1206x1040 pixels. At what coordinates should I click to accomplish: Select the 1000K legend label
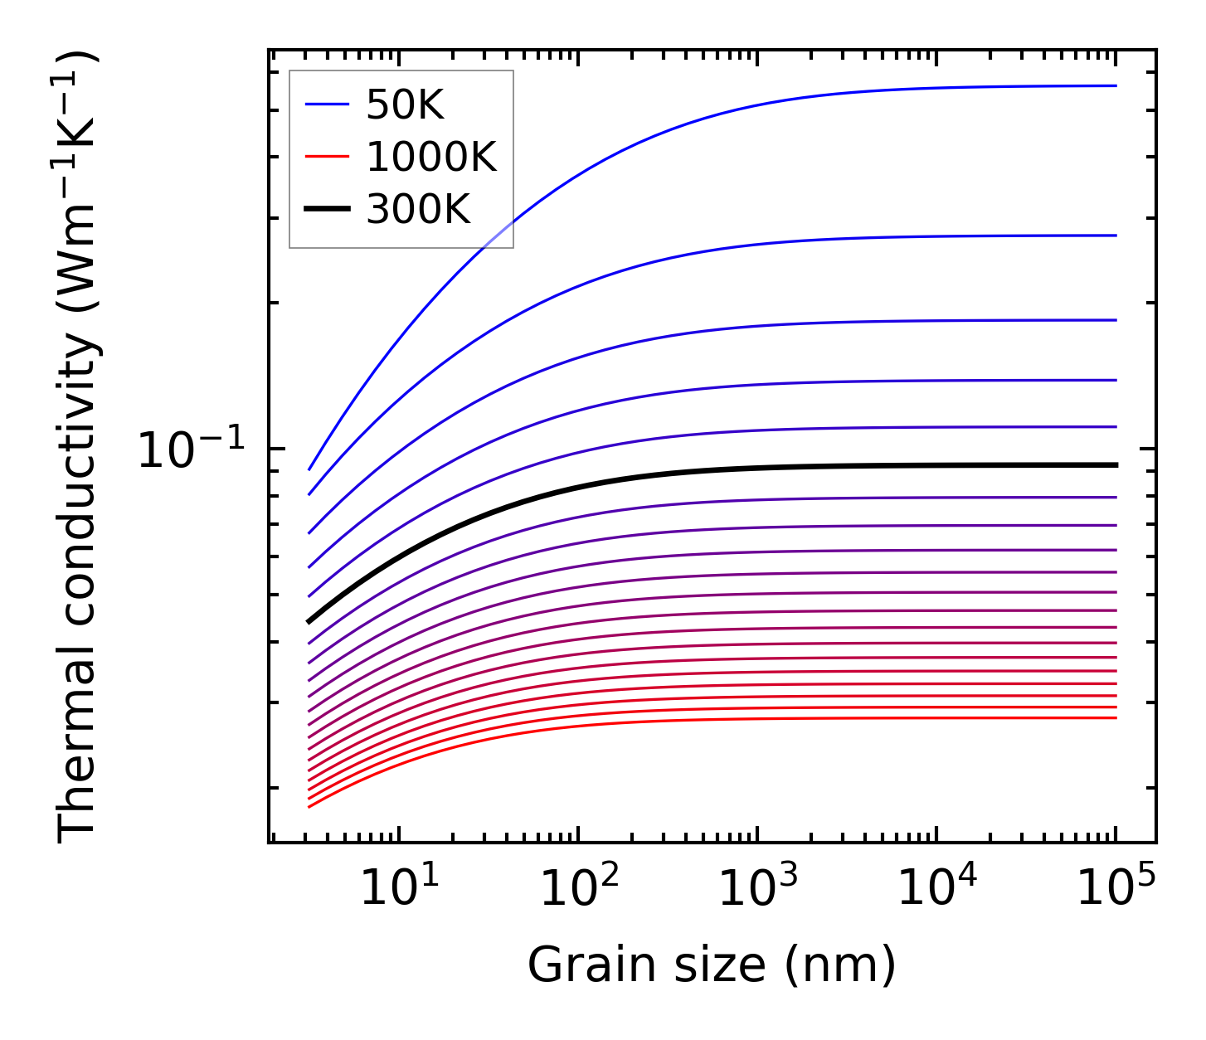[x=430, y=157]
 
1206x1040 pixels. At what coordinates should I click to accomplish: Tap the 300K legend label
[x=418, y=210]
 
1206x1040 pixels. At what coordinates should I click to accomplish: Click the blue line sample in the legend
[x=327, y=104]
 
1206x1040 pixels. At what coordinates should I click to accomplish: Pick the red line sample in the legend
[x=327, y=157]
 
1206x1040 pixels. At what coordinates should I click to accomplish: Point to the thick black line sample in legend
[x=327, y=210]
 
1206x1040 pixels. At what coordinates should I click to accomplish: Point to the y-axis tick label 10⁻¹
[x=192, y=452]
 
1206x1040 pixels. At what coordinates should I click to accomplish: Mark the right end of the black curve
[x=1116, y=465]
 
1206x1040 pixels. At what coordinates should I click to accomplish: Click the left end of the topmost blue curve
[x=309, y=469]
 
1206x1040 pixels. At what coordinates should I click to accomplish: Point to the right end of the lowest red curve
[x=1116, y=717]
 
